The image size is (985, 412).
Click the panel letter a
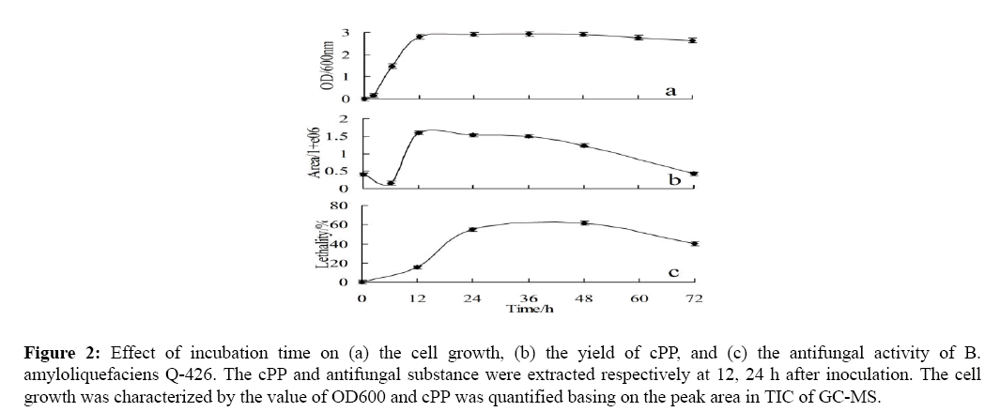click(670, 91)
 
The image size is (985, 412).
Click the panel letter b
click(673, 176)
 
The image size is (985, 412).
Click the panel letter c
click(672, 273)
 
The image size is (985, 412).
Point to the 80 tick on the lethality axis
click(341, 205)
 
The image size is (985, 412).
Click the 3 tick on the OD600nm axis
click(347, 34)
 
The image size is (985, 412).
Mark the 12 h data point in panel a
click(419, 37)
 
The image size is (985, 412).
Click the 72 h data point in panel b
click(693, 174)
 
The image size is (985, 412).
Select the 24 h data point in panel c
click(473, 229)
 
